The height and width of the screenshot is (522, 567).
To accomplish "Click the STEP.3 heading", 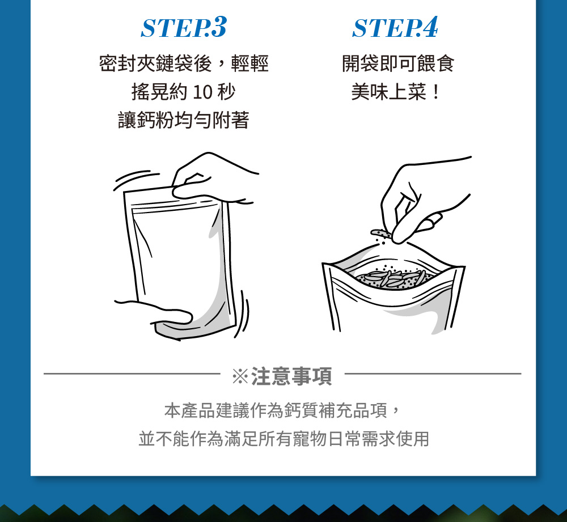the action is (x=183, y=27).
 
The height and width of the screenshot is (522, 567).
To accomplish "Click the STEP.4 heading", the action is (x=395, y=27).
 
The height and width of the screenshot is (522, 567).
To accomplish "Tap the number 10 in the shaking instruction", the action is (x=202, y=92).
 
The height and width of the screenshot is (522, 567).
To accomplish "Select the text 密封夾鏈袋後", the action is (x=155, y=63).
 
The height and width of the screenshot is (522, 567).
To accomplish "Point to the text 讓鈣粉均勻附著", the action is (x=183, y=120).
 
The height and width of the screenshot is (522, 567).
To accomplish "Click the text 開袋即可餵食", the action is (x=398, y=63).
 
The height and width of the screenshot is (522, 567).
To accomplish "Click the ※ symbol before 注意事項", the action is (x=240, y=376).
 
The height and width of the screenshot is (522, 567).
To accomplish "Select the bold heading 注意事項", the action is (x=291, y=376).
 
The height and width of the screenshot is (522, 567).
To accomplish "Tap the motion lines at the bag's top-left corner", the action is (x=134, y=179).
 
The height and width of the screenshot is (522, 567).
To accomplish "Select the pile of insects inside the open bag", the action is (x=394, y=279).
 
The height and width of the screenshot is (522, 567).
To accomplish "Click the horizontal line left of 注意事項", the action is (x=132, y=374).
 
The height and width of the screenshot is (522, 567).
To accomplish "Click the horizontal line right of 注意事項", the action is (x=433, y=374).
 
